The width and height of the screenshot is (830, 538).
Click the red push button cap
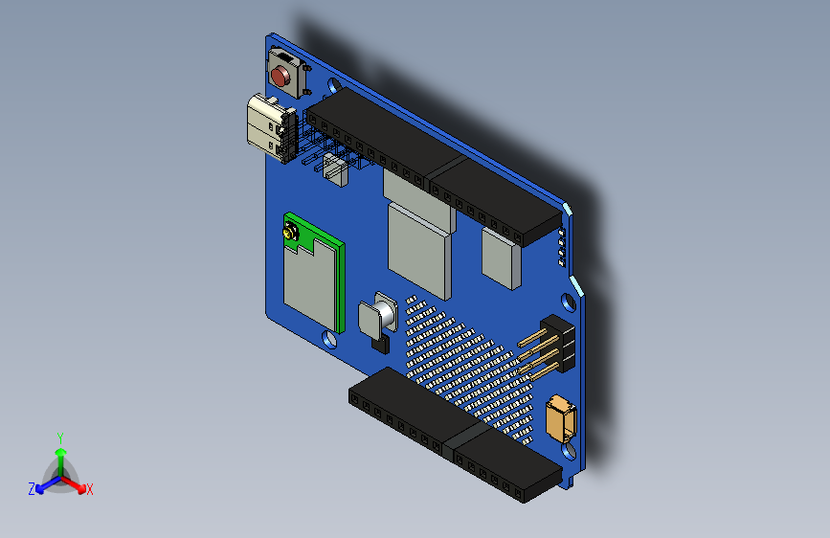(x=280, y=76)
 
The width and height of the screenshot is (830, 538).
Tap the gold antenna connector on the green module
(x=288, y=233)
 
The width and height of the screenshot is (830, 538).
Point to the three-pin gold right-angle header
(x=548, y=347)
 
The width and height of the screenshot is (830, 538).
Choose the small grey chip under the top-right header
(x=499, y=258)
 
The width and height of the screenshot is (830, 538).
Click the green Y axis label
(x=59, y=437)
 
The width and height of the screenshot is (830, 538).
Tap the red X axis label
(x=90, y=489)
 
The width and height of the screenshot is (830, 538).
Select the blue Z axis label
(x=32, y=489)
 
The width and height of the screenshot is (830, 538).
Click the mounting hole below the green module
(x=331, y=339)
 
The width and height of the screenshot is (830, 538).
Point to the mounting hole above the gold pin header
(x=572, y=302)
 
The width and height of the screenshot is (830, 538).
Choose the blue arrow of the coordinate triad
(x=43, y=484)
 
